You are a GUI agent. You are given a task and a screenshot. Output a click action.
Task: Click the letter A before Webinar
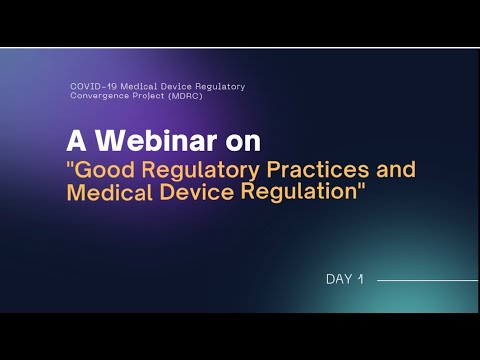tap(76, 137)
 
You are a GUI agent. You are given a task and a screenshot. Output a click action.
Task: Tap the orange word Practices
tap(303, 168)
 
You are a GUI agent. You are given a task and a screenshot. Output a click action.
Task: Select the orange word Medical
tap(108, 192)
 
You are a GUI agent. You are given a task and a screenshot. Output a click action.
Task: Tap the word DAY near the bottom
tap(338, 279)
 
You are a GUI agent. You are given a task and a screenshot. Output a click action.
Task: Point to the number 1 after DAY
tap(359, 279)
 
